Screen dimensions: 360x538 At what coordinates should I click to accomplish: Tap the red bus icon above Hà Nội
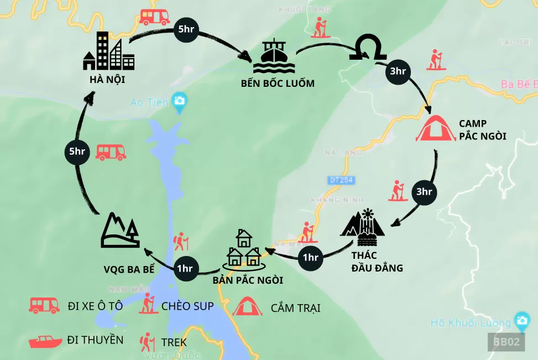(x=154, y=17)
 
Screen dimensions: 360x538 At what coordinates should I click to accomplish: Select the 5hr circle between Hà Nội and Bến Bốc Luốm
(x=186, y=30)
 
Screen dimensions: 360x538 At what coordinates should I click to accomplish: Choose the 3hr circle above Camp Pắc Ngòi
(x=398, y=71)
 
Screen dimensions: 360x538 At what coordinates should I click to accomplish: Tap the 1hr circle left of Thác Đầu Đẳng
(x=311, y=257)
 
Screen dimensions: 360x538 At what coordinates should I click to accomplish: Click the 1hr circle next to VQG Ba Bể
(x=185, y=269)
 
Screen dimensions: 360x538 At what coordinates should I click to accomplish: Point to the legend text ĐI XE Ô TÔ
(x=95, y=306)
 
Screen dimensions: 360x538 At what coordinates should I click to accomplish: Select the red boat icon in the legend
(x=45, y=341)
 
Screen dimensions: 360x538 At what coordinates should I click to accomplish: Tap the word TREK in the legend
(x=174, y=342)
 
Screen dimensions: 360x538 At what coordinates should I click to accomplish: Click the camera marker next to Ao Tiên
(x=179, y=101)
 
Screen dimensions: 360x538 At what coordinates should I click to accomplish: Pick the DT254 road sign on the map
(x=341, y=180)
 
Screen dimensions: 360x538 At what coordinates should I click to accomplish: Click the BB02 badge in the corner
(x=505, y=342)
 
